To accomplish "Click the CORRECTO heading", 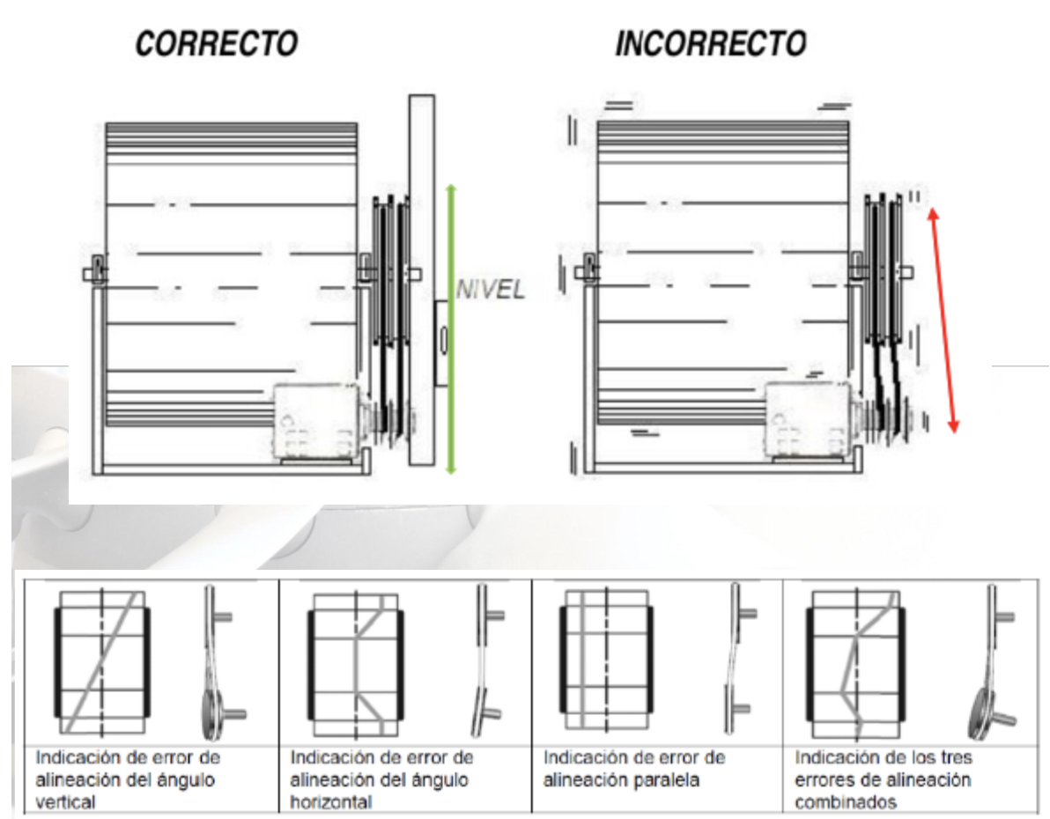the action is coord(217,44).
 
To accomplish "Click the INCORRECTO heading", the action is coord(711,44).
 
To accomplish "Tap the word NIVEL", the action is coord(490,290).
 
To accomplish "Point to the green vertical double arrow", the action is coord(451,328).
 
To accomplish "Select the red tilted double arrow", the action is coord(943,320).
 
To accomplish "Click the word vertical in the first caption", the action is coord(65,801).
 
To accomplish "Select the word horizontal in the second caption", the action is coord(331,801).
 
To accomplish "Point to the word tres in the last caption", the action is coord(957,757).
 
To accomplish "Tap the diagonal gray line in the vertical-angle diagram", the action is coord(102,662).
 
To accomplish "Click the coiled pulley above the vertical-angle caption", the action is coord(216,714).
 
